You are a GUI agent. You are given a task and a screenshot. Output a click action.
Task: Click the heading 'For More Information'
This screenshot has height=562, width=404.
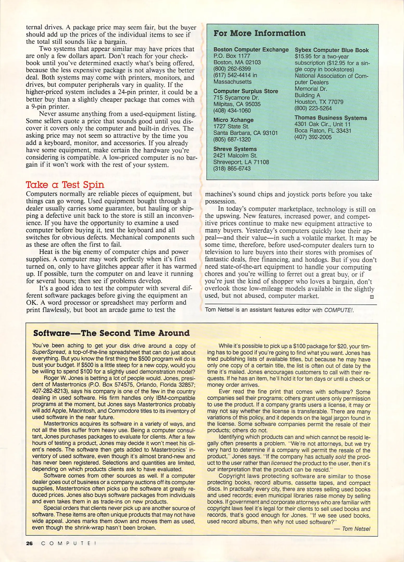[260, 33]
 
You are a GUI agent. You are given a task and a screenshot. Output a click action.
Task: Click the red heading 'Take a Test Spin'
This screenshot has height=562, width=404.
[65, 185]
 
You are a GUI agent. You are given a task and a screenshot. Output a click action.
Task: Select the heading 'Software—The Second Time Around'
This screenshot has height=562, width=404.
[111, 333]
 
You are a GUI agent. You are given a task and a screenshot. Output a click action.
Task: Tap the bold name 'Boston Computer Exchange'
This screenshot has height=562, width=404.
[251, 49]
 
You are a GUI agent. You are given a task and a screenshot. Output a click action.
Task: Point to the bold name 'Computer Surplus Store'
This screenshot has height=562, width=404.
[245, 91]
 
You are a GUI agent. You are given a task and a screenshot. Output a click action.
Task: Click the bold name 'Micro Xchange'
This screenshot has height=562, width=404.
[233, 120]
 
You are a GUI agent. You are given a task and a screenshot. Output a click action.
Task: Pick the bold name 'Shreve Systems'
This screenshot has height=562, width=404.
[235, 149]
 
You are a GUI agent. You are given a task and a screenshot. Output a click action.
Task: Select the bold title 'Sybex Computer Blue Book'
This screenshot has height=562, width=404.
[331, 50]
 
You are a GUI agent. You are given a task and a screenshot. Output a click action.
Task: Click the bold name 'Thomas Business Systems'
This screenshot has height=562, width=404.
[331, 118]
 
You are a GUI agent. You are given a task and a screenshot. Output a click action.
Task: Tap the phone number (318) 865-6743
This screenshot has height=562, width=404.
[232, 169]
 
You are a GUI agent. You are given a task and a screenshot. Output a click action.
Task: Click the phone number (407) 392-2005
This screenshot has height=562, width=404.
[313, 137]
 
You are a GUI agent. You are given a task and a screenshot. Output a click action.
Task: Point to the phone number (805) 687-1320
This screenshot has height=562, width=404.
[232, 139]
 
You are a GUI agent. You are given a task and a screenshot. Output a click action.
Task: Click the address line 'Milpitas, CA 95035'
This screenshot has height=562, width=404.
[237, 104]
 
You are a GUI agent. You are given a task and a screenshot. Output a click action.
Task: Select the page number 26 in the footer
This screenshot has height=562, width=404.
[29, 544]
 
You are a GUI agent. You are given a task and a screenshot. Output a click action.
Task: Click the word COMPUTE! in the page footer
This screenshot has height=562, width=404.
[69, 544]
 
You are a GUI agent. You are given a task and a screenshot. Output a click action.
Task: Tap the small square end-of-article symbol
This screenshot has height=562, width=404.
[372, 296]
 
